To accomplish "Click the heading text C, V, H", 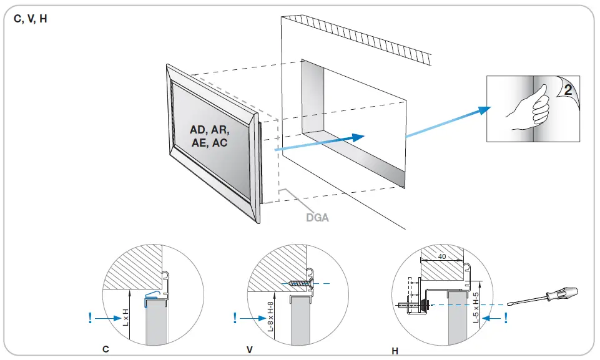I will click(30, 19).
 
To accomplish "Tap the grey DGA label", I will click(317, 218).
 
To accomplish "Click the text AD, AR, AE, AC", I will click(210, 136).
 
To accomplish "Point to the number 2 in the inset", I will click(567, 90).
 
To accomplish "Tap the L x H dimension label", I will click(125, 316).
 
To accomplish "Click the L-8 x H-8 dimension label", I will click(270, 318).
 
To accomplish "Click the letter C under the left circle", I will click(106, 350).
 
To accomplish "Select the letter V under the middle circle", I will click(250, 350).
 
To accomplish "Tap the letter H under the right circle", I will click(395, 351).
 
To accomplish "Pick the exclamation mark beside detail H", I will click(506, 318).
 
